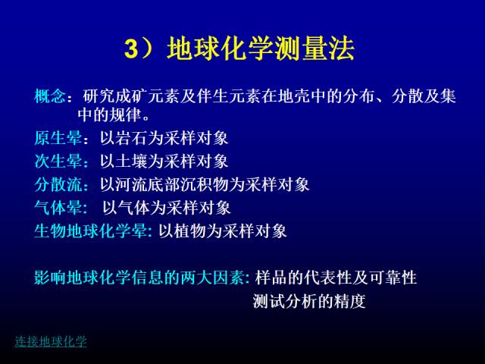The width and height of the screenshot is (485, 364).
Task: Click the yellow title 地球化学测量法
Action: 261,49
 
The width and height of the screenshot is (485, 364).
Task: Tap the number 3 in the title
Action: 131,49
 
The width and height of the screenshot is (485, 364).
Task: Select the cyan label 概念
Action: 50,96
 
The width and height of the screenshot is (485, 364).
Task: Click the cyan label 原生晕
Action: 58,138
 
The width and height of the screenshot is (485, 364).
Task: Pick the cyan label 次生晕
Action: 58,162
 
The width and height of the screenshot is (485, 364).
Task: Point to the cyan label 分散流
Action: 58,184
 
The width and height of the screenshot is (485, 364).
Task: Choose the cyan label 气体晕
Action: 58,208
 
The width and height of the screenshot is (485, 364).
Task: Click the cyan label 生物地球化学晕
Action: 90,231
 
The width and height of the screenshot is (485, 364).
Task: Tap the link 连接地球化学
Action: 51,341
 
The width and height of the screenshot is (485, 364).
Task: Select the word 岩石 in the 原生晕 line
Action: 132,138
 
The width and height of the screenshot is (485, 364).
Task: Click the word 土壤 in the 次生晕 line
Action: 132,162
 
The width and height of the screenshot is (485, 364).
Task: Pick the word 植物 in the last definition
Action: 190,231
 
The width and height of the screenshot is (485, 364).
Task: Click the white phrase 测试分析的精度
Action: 309,301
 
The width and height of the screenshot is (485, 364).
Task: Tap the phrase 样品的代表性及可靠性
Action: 336,278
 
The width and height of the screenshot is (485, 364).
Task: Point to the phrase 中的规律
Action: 110,115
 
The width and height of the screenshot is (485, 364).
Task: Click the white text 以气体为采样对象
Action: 167,208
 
